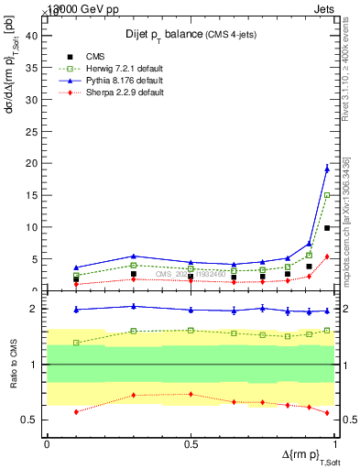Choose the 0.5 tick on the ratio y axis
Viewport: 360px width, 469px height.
point(31,420)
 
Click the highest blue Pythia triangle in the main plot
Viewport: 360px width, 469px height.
point(327,169)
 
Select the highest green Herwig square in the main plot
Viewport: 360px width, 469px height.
point(327,194)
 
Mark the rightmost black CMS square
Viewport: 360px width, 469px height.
point(327,228)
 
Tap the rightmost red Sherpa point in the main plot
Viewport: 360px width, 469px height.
point(327,256)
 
